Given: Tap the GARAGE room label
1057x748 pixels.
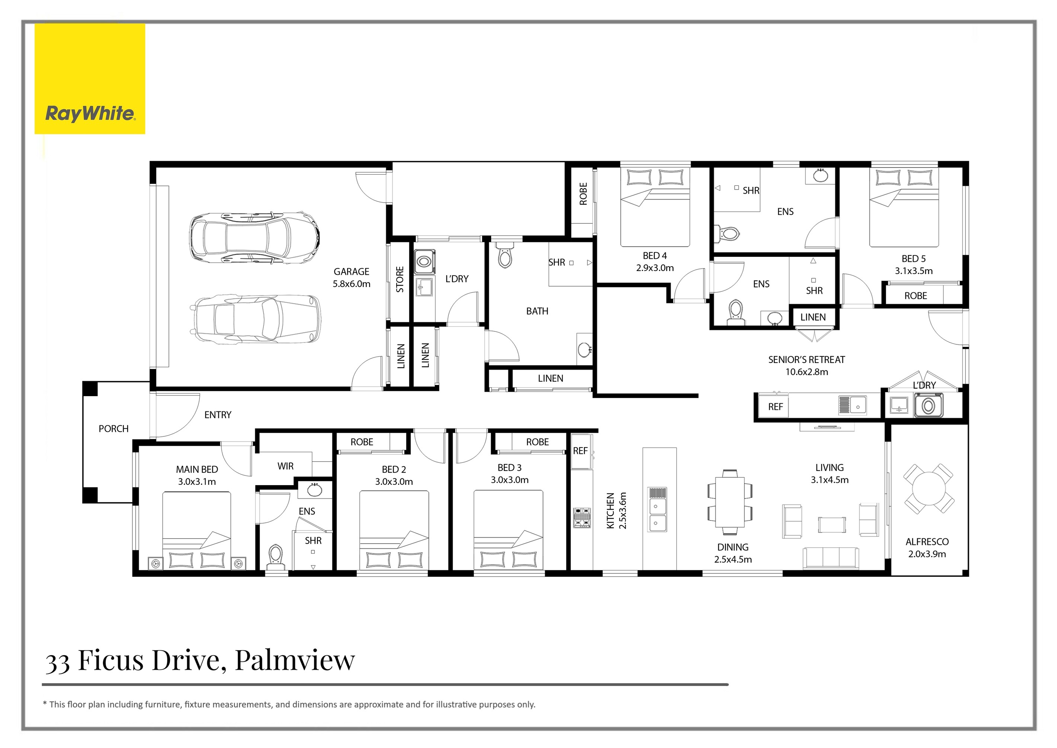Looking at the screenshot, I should click(351, 272).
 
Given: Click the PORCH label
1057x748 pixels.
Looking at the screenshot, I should click(113, 429).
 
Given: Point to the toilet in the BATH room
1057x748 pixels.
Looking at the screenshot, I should click(505, 256).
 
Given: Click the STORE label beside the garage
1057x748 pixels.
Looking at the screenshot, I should click(400, 279).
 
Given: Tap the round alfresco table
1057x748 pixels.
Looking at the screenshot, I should click(929, 489).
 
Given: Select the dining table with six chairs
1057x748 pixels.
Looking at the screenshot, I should click(730, 502).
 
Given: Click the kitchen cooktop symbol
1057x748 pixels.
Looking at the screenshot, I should click(582, 517).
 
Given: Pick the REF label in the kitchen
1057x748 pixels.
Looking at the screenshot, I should click(580, 451).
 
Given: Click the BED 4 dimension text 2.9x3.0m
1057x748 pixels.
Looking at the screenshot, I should click(655, 268).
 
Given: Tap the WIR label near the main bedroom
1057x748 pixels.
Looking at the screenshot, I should click(285, 466).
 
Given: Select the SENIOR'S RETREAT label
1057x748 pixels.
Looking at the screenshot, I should click(807, 360).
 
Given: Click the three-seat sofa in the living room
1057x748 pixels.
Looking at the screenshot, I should click(830, 558).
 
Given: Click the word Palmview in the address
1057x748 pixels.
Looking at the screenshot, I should click(295, 660).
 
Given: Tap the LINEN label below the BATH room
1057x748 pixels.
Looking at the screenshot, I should click(550, 379).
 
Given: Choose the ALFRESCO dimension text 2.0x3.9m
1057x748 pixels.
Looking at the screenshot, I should click(927, 554).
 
